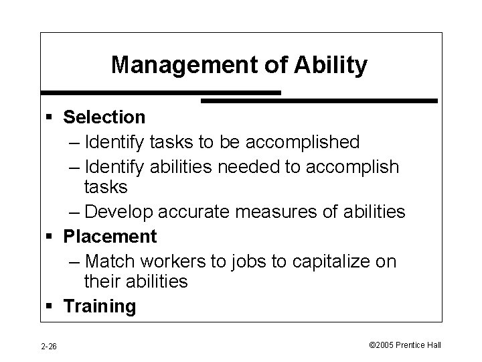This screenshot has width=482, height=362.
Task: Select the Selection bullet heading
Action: click(104, 117)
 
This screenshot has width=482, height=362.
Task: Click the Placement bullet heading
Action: click(110, 236)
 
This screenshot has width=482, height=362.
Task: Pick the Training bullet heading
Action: click(99, 307)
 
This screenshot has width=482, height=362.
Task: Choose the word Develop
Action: click(120, 212)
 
